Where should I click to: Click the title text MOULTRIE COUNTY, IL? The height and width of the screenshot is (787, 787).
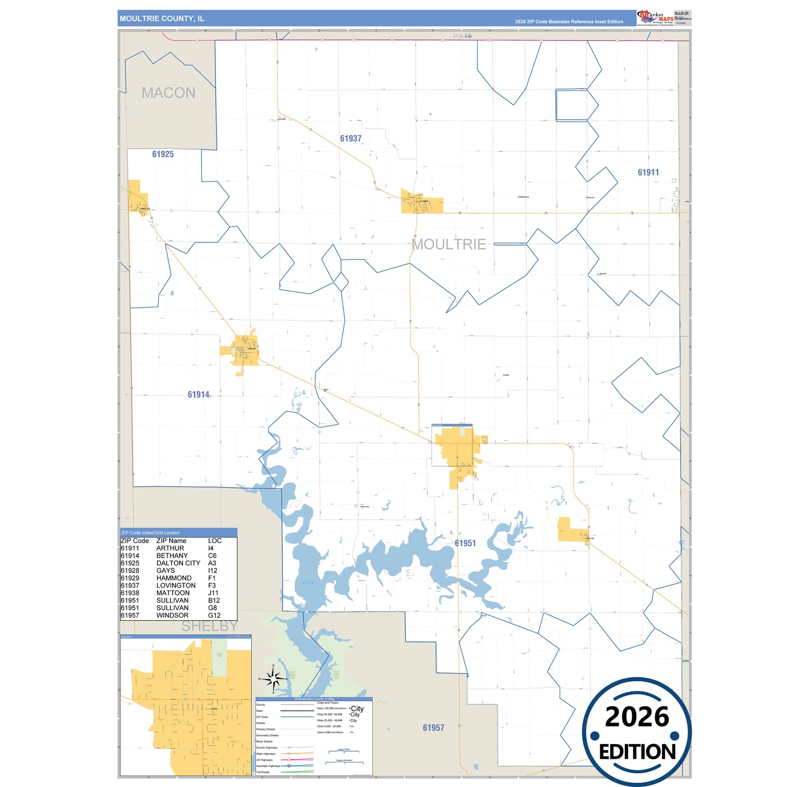click(x=162, y=19)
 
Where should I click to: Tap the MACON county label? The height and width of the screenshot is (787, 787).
click(x=168, y=93)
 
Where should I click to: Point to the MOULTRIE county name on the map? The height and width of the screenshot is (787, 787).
click(x=449, y=245)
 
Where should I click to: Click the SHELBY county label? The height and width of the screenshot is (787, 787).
click(x=209, y=626)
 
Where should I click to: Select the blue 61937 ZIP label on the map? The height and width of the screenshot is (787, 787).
click(x=351, y=139)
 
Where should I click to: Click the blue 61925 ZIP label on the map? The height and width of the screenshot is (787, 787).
click(x=163, y=155)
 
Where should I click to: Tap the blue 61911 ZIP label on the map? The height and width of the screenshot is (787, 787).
click(x=648, y=173)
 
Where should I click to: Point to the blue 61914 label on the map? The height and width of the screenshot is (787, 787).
click(x=198, y=395)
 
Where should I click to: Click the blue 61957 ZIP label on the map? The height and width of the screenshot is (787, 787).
click(x=434, y=728)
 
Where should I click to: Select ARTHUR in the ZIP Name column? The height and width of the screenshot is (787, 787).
click(x=170, y=548)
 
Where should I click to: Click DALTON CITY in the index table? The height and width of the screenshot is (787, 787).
click(x=178, y=563)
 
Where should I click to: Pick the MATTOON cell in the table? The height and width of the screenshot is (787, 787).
click(x=173, y=593)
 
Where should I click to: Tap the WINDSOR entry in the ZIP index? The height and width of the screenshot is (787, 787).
click(x=172, y=615)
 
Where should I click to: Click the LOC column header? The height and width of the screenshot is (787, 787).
click(x=215, y=541)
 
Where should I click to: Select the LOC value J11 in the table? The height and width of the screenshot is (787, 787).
click(x=213, y=593)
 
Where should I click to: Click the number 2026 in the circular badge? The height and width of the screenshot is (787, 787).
click(x=637, y=717)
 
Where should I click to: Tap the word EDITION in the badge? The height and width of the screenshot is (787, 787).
click(x=637, y=752)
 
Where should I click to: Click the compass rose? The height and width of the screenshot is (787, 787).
click(x=273, y=679)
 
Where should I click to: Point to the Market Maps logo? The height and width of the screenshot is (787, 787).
click(x=655, y=18)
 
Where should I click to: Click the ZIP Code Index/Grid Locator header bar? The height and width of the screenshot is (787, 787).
click(x=178, y=533)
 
